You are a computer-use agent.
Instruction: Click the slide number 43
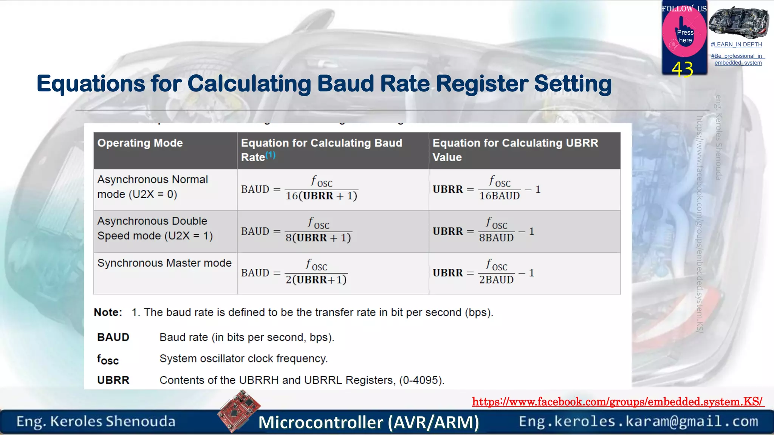pos(682,69)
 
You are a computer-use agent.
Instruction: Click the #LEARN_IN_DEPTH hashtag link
pos(736,45)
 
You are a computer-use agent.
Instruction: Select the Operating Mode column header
pos(140,143)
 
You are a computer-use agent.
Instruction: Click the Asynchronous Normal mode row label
pos(153,187)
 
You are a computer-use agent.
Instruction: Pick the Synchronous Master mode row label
pos(164,263)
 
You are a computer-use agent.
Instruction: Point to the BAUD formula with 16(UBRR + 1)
pos(299,189)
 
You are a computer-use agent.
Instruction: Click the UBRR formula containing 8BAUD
pos(483,231)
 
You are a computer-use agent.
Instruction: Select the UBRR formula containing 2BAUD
pos(483,273)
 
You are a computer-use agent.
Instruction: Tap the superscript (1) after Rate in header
pos(270,155)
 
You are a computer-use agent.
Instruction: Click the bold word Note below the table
pos(108,312)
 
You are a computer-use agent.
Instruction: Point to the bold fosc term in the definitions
pos(108,359)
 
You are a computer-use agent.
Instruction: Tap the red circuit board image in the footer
pos(239,411)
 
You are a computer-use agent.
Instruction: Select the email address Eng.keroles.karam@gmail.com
pos(638,421)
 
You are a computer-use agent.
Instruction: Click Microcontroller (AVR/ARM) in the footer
pos(368,422)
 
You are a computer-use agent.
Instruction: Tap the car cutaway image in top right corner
pos(738,23)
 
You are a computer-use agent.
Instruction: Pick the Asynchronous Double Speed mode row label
pos(155,228)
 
